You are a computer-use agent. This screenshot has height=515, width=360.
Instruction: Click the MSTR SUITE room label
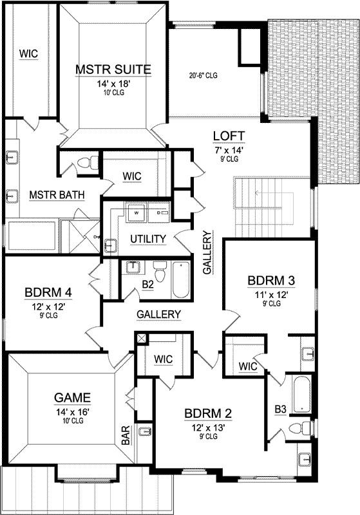point(113,69)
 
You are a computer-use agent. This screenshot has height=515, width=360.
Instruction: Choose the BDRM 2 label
point(207,413)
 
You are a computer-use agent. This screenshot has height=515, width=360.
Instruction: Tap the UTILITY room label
point(148,239)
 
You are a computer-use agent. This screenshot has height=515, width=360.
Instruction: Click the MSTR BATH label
point(57,195)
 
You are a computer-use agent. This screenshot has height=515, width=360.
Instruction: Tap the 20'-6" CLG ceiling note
point(203,75)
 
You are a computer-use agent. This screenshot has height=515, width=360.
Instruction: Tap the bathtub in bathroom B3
point(301,394)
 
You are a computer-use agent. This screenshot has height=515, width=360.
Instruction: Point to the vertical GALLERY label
point(207,253)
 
